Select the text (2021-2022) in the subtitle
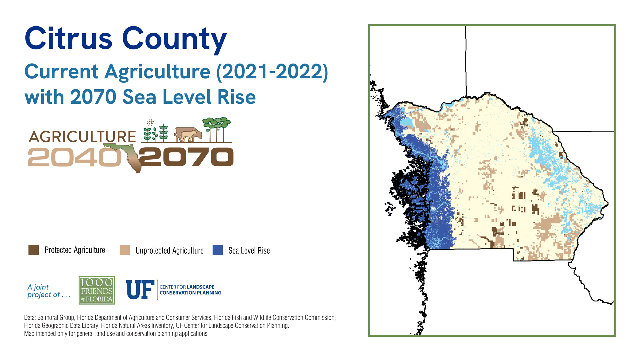[x=272, y=72]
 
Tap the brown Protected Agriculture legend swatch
[x=34, y=250]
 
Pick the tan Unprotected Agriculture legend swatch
[x=125, y=250]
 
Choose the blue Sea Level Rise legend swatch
[x=218, y=250]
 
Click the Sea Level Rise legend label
[x=249, y=251]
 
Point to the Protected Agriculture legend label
[x=75, y=250]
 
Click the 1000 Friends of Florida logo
[x=97, y=290]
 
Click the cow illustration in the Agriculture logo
[x=188, y=135]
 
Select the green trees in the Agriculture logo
[x=217, y=129]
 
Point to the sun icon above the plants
[x=150, y=122]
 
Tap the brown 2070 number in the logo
[x=187, y=157]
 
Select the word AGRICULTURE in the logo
[x=82, y=137]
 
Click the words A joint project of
[x=49, y=291]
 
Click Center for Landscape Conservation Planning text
[x=190, y=290]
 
